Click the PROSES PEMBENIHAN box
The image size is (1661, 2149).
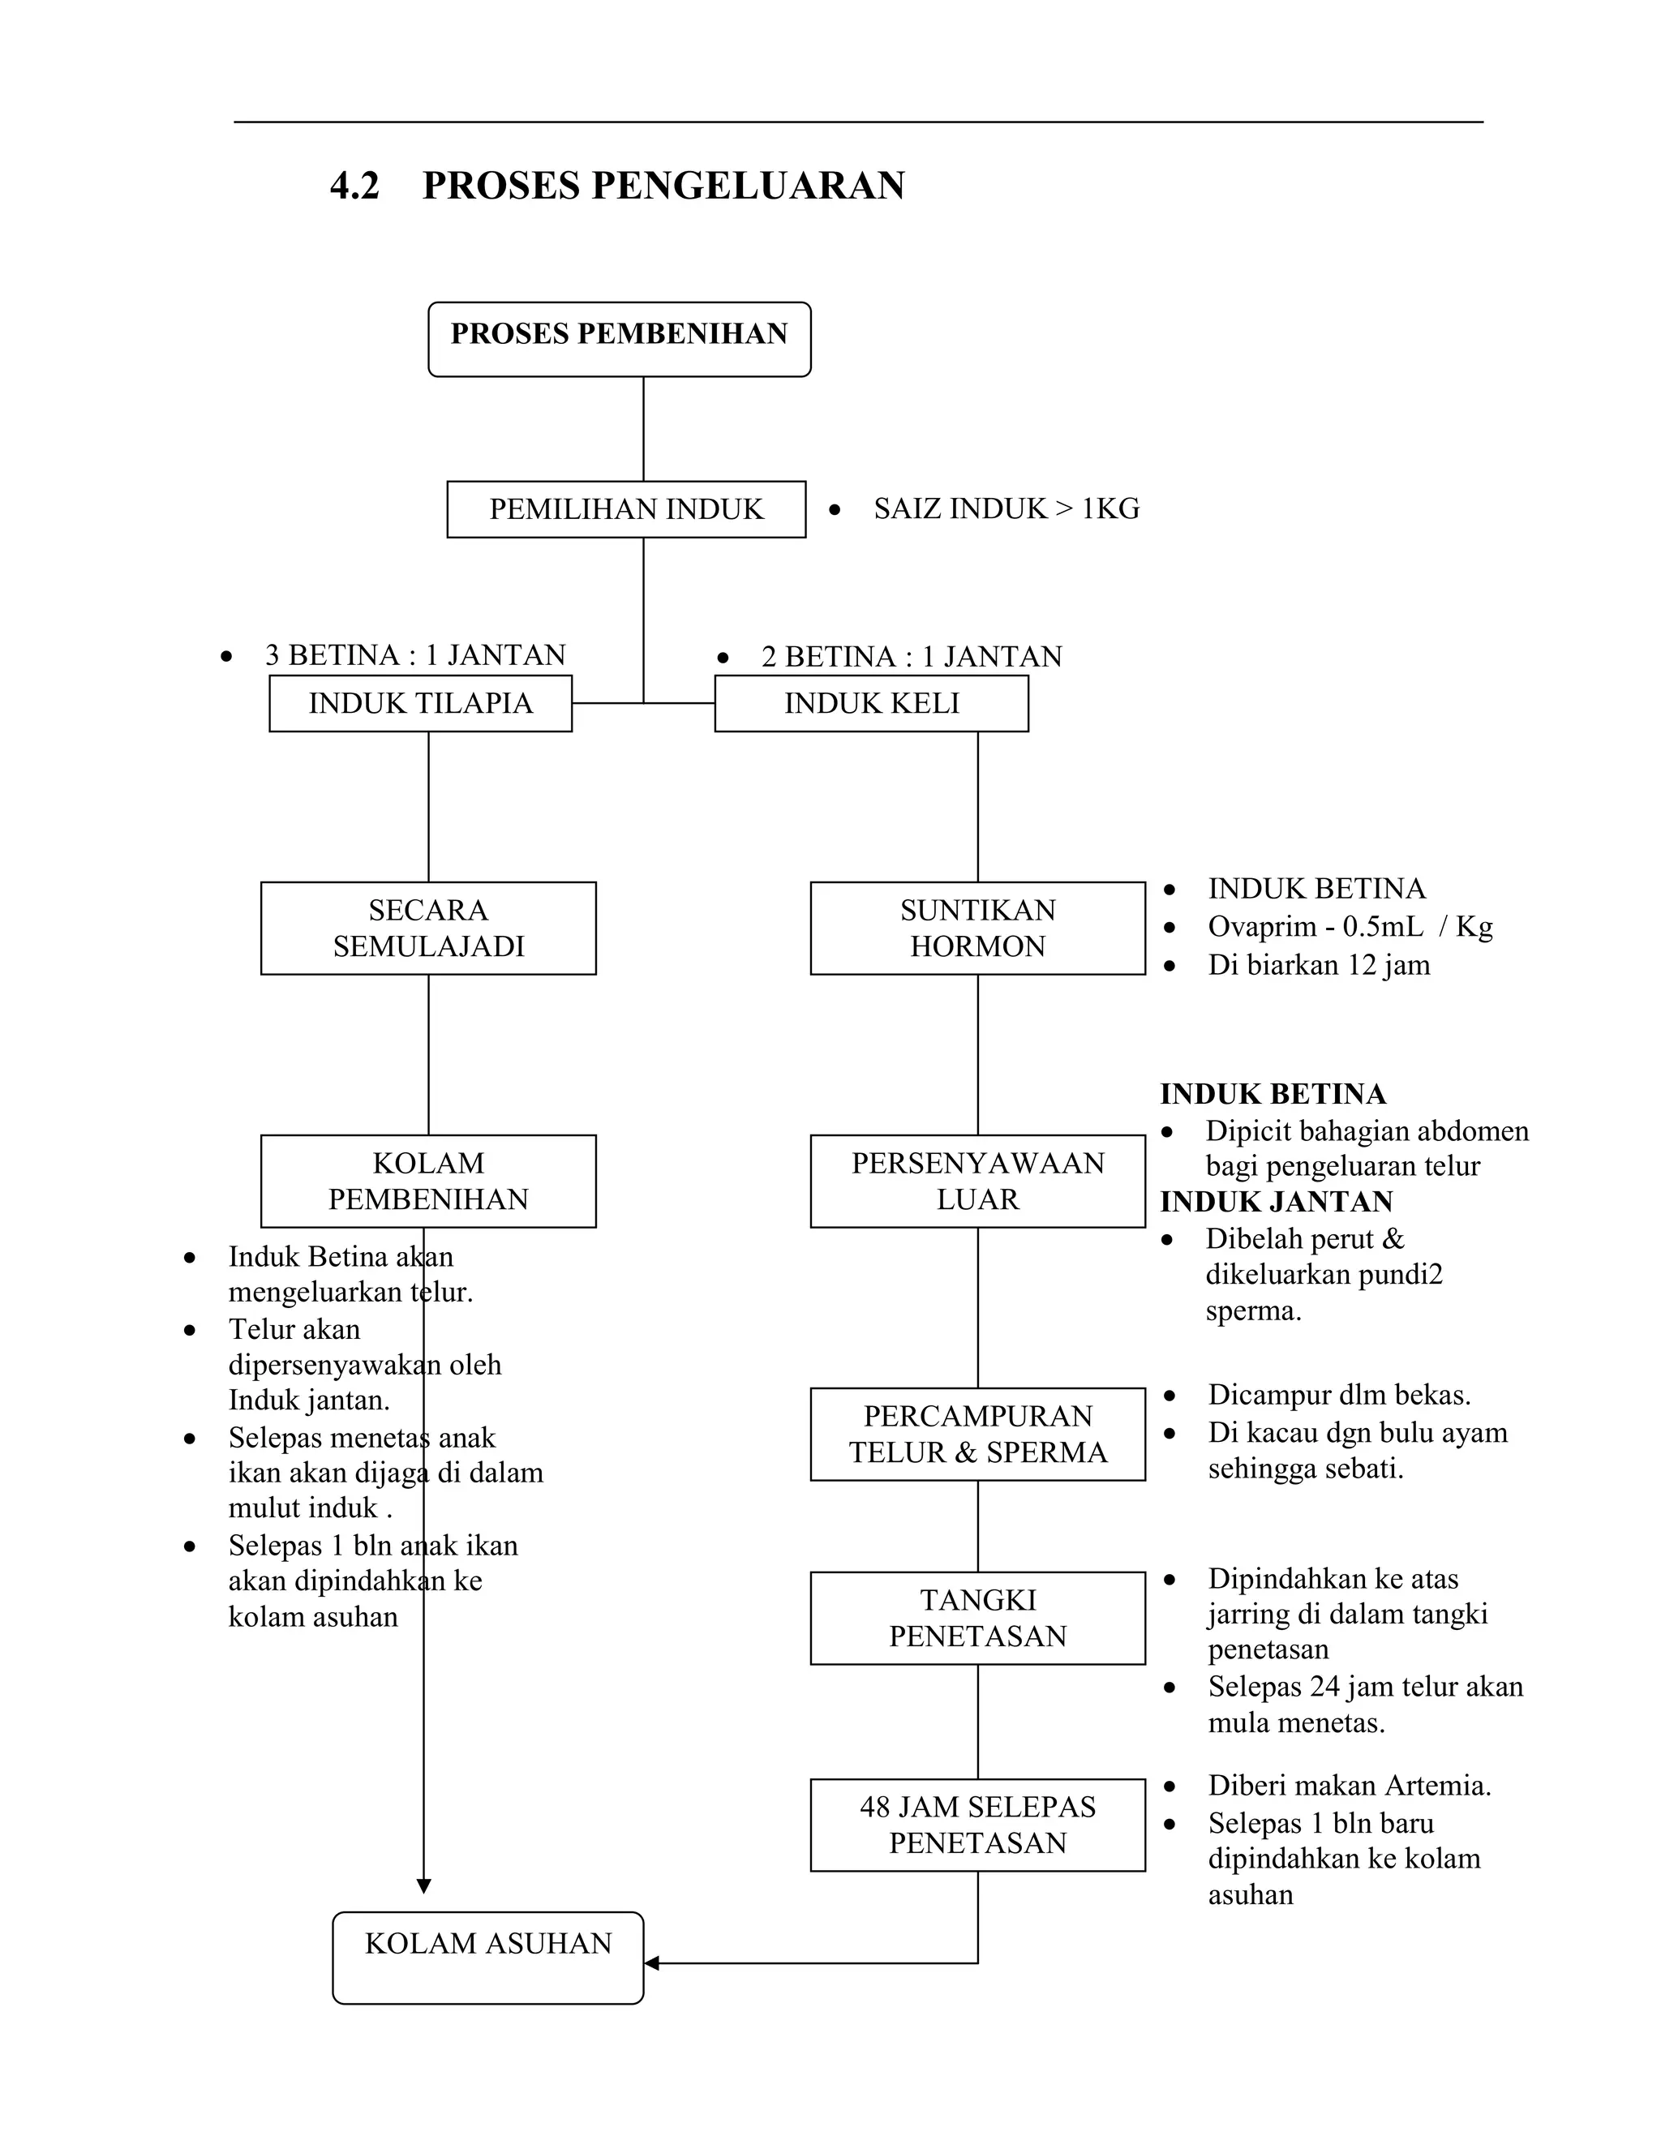619,338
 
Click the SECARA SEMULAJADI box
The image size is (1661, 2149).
428,927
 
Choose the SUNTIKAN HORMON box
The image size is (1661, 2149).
977,927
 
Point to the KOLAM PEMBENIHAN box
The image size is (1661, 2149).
428,1180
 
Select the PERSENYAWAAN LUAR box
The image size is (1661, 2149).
977,1180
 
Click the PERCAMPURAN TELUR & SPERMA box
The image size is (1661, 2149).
977,1433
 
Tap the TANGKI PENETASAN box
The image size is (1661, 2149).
977,1617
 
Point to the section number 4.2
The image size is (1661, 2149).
354,185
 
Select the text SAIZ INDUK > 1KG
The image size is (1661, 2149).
1006,508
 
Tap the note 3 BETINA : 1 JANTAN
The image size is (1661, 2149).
415,654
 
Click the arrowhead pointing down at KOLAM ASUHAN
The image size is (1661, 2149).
424,1885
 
